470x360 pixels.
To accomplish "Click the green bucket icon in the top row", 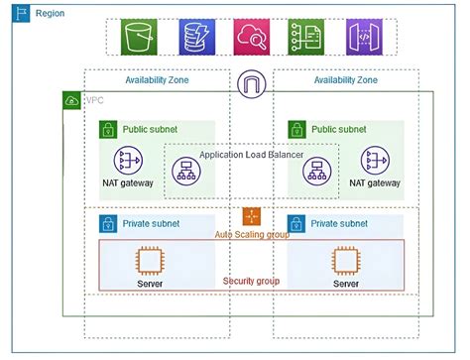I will [x=138, y=38].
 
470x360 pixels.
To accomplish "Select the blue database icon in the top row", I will [x=194, y=38].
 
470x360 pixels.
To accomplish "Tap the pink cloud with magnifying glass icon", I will [x=251, y=38].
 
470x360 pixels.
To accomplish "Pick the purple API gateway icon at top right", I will [x=363, y=38].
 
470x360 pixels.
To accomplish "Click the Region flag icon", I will [x=22, y=15].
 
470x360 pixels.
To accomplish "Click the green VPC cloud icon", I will [x=71, y=100].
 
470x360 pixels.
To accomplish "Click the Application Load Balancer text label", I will [x=252, y=155].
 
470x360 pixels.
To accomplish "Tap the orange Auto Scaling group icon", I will [x=252, y=216].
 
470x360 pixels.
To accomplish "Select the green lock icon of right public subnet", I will [x=296, y=130].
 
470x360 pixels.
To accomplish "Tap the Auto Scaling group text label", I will [x=253, y=234].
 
